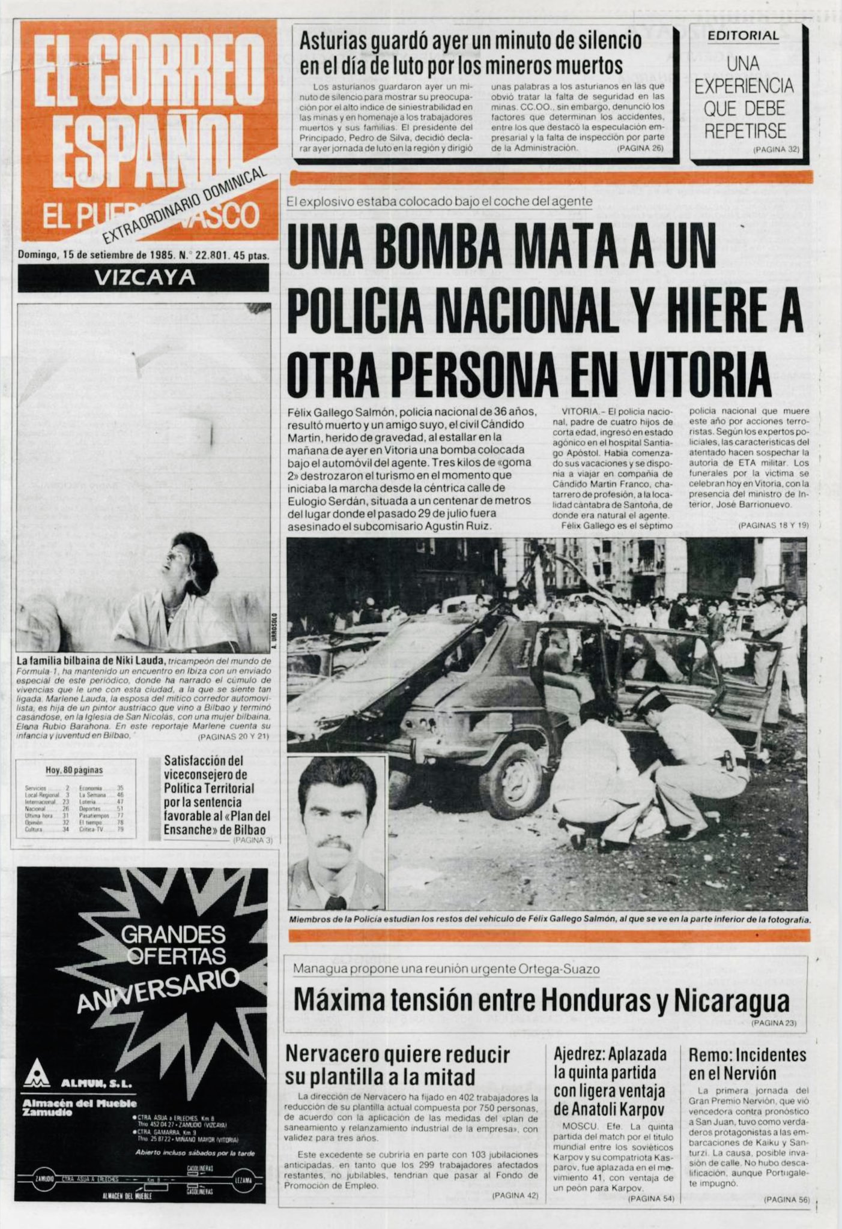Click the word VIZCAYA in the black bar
coord(145,278)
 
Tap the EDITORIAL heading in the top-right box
coord(743,35)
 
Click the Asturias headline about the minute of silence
coord(470,52)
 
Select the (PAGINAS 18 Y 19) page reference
coord(774,525)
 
